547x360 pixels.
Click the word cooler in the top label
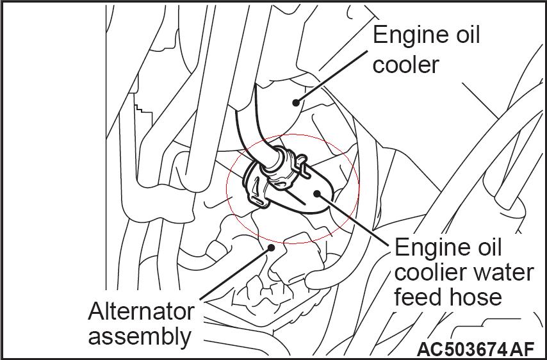tap(406, 65)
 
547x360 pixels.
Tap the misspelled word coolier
tap(429, 272)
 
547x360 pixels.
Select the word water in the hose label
tap(503, 272)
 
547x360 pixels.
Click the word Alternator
tap(141, 312)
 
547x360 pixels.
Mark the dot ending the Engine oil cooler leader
tap(296, 101)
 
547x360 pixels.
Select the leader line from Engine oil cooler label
tap(333, 76)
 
